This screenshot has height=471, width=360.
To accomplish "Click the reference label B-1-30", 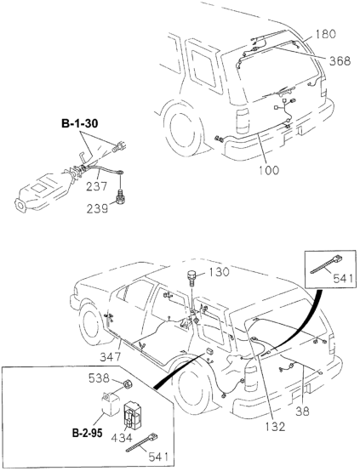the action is [80, 123].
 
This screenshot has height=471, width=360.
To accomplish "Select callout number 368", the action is [340, 61].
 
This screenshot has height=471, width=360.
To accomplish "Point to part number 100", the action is [268, 170].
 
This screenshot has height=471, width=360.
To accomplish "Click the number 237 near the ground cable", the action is [96, 186].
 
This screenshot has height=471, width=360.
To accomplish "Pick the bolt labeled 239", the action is [120, 196].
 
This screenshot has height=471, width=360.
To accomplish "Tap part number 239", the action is [97, 208].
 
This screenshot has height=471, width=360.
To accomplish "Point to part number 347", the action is [110, 357].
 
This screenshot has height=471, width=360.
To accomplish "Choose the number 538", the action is [99, 378].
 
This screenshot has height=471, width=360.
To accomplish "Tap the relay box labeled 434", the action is [134, 415].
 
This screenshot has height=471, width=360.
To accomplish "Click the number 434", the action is [121, 438].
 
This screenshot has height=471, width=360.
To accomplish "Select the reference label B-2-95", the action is [87, 433].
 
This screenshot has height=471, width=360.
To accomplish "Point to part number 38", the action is [302, 411].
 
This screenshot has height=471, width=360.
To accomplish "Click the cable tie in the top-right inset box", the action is [326, 264].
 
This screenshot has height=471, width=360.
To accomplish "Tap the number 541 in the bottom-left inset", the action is [158, 457].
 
